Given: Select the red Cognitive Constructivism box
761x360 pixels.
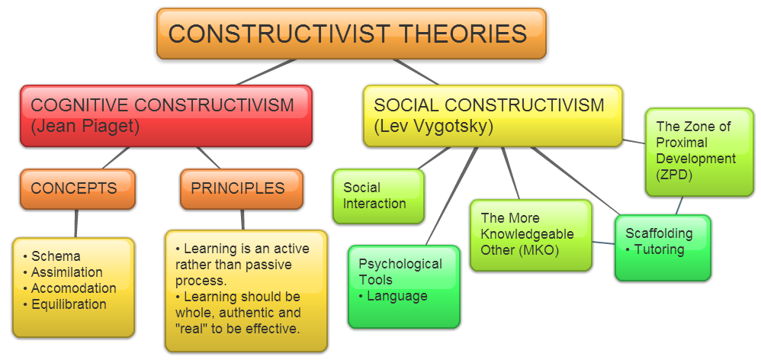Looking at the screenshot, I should point(165,115).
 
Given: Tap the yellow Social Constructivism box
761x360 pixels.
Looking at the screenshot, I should point(492,115).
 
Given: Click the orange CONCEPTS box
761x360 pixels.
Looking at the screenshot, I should point(77,188).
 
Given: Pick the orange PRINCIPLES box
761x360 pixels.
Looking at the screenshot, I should point(241,188).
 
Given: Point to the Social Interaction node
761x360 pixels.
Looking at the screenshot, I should point(377,196).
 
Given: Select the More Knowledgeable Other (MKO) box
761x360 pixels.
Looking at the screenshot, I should point(530,235).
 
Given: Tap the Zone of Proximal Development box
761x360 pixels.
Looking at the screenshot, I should point(698,151).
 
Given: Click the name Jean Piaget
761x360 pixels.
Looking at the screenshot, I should point(85,127).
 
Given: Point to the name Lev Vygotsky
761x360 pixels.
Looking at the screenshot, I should point(433,127).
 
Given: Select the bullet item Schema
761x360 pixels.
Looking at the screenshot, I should point(56,256).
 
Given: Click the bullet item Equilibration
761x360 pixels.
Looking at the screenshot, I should point(69,304).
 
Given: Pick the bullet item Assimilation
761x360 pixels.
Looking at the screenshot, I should point(66,272).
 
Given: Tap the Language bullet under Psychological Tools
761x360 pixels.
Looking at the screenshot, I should point(397,296).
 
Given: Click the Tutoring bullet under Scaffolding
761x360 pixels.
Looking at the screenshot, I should point(658,249).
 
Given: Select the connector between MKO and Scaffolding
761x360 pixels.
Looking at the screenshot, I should point(603,243).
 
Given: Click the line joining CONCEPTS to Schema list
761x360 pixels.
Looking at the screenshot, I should point(75,223).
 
